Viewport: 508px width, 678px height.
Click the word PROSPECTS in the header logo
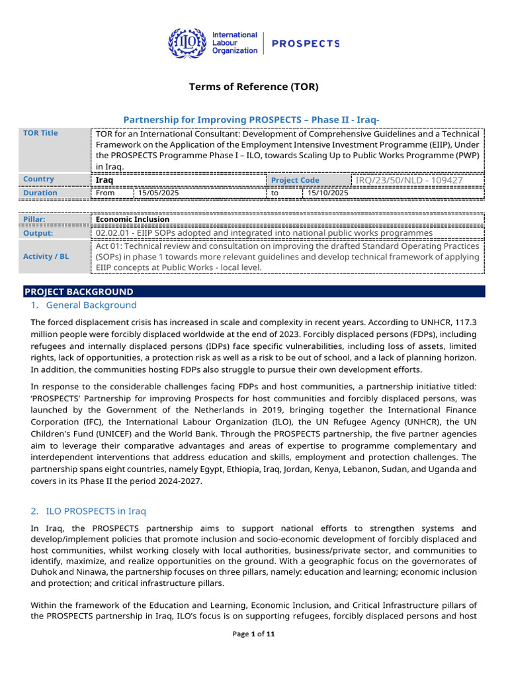[x=306, y=44]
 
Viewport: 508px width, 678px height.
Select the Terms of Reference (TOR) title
[x=253, y=87]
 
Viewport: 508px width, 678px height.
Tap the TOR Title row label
[x=40, y=133]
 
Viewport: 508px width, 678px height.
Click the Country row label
[x=38, y=179]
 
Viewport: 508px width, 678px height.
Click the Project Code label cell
[x=295, y=180]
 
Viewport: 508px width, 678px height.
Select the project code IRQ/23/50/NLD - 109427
[x=409, y=180]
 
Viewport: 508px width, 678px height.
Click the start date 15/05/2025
[x=158, y=193]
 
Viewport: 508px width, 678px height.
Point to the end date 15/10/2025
[x=328, y=193]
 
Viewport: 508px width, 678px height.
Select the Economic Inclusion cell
[x=132, y=219]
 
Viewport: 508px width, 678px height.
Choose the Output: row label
[x=38, y=233]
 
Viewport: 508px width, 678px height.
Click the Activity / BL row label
[x=46, y=256]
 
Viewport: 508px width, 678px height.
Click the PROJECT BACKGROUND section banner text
[x=79, y=291]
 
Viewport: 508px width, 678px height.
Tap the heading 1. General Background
[x=83, y=305]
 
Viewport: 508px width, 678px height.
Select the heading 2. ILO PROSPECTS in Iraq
[x=88, y=511]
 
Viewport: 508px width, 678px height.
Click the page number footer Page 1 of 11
[x=253, y=634]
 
